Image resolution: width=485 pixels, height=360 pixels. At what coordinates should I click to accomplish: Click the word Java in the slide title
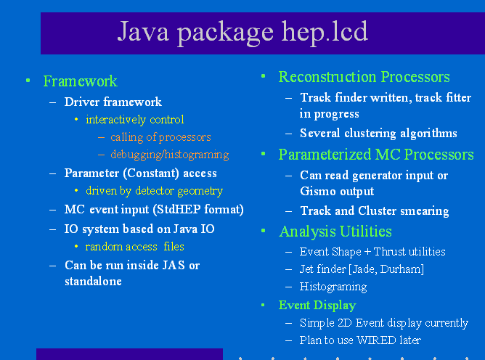(143, 31)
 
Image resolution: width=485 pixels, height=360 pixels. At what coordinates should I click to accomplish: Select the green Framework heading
(80, 81)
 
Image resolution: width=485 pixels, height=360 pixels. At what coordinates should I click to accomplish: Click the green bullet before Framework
(28, 81)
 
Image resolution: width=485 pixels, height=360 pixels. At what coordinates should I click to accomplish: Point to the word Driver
(82, 102)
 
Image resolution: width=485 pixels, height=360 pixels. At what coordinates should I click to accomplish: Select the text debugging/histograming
(170, 155)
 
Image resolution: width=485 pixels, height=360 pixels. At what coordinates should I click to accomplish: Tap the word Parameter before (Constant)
(91, 173)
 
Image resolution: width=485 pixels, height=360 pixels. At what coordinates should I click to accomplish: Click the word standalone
(93, 281)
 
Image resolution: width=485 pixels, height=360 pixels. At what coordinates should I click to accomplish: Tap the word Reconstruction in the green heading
(327, 77)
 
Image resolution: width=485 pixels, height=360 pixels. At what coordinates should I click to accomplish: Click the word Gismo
(318, 191)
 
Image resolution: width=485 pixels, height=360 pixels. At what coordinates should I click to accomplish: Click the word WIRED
(376, 340)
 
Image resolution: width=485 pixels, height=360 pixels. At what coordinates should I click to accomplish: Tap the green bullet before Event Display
(263, 306)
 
